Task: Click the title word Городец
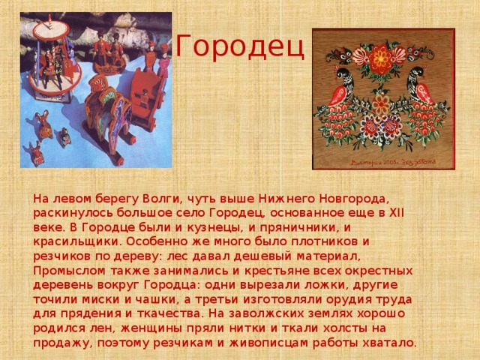pos(239,47)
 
